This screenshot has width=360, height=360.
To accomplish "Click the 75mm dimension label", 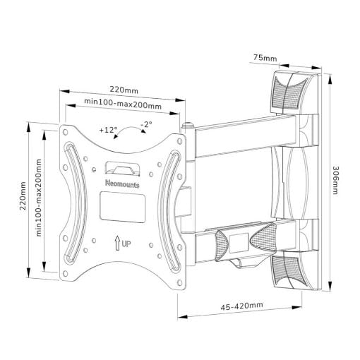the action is click(265, 58).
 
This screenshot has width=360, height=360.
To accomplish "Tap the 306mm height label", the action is click(335, 180).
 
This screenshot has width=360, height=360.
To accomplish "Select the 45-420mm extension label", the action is click(241, 306).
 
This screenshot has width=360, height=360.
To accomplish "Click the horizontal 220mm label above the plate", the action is click(124, 90).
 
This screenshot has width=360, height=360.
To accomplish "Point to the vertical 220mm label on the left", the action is click(23, 196).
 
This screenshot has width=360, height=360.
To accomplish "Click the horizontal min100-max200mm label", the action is click(123, 104).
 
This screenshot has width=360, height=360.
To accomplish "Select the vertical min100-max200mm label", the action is click(39, 198).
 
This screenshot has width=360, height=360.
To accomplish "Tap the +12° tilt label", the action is click(108, 130).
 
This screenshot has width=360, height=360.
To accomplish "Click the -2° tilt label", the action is click(146, 124).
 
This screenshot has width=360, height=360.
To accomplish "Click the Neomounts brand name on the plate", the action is click(122, 184).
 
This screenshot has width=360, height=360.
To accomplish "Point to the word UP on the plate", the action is click(126, 244).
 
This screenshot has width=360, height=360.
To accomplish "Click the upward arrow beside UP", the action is click(117, 244).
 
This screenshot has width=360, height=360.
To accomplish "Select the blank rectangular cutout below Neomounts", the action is click(122, 207).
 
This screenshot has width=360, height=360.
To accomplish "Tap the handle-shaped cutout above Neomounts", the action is click(122, 169).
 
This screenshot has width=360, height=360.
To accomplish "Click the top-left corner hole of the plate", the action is click(66, 132).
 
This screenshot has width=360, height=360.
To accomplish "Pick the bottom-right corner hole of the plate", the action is click(180, 282).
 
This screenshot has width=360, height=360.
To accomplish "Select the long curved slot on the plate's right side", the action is click(169, 211).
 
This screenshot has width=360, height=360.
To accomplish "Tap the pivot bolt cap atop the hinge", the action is click(188, 125).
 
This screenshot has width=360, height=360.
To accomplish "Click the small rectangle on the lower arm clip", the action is click(239, 244).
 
